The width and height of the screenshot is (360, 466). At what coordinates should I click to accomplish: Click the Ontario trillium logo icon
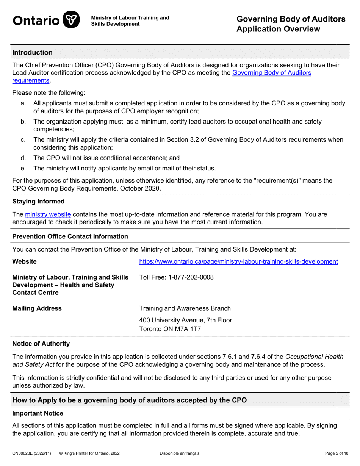pos(71,20)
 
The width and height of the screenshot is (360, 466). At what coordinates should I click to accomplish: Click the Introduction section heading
pos(32,53)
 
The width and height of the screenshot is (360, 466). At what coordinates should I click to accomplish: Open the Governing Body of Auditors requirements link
pos(271,73)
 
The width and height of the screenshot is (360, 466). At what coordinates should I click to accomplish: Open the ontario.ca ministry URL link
pos(238,261)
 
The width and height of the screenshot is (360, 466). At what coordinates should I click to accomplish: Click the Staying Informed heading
pos(38,202)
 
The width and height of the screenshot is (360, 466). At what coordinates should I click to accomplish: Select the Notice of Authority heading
pos(41,344)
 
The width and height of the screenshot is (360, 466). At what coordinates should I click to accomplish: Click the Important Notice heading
pos(38,413)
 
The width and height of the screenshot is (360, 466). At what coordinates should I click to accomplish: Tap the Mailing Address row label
pos(37,308)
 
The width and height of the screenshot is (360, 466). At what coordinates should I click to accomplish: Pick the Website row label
pos(25,261)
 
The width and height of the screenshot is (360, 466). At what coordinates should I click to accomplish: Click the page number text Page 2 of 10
pos(337,453)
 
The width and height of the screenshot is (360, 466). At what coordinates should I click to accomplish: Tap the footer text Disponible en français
pos(179,453)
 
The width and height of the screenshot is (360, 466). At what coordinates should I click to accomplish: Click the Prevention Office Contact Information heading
pos(70,236)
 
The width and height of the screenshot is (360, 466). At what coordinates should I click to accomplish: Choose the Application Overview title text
pos(278,29)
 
